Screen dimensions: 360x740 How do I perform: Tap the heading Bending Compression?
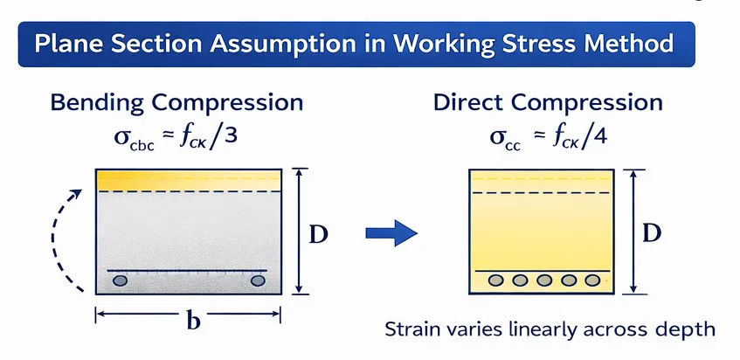coord(177,102)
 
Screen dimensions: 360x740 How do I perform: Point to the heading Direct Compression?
coord(548,102)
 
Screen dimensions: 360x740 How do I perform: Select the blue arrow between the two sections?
coord(391,232)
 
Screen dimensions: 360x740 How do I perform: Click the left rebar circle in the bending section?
coord(121,280)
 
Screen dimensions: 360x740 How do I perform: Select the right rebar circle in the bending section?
coord(259,280)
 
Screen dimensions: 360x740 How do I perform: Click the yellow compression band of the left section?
coord(189,181)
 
